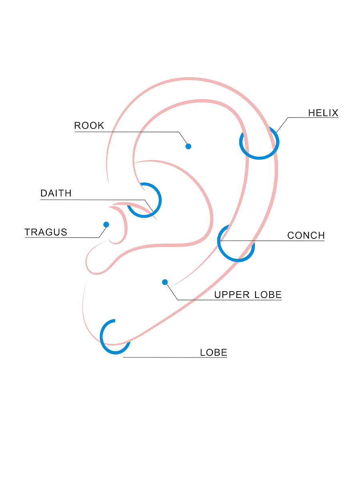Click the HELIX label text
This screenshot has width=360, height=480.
point(323,113)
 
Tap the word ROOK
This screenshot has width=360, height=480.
point(89,126)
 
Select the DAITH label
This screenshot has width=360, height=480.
point(56,193)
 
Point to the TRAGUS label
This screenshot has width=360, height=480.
point(46,232)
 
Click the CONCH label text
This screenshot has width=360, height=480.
point(306,235)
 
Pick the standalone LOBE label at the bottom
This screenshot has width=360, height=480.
point(214,353)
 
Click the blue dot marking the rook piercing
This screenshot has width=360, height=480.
point(188,146)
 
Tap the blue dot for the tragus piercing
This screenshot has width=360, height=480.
point(106,224)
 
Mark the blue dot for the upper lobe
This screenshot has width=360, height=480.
point(165,282)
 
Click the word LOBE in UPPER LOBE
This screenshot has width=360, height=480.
point(268,295)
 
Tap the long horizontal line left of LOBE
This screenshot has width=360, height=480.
point(160,357)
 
